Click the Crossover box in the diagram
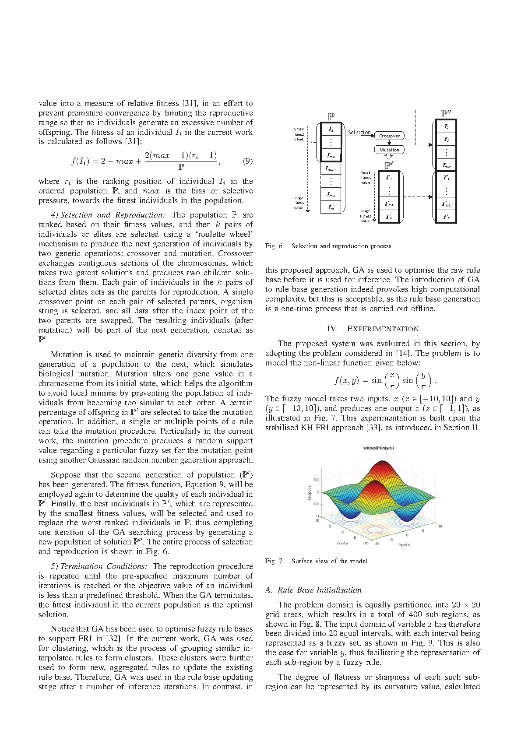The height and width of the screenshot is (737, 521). point(389,136)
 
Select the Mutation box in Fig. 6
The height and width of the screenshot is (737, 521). point(389,150)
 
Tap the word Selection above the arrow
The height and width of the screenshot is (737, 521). point(359,132)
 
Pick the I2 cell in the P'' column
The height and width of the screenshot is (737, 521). point(446,139)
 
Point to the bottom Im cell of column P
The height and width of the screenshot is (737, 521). point(331,208)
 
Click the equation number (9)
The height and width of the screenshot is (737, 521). point(247,161)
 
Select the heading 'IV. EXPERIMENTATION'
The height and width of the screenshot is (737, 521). point(373,329)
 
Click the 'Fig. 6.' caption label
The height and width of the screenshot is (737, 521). point(275,246)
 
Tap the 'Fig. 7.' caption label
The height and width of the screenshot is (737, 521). point(275,561)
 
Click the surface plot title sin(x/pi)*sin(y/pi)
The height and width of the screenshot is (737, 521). point(379,448)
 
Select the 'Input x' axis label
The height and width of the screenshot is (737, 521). point(404,544)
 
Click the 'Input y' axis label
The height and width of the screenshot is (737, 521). point(342,543)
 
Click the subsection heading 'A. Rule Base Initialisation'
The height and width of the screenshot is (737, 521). point(313,590)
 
